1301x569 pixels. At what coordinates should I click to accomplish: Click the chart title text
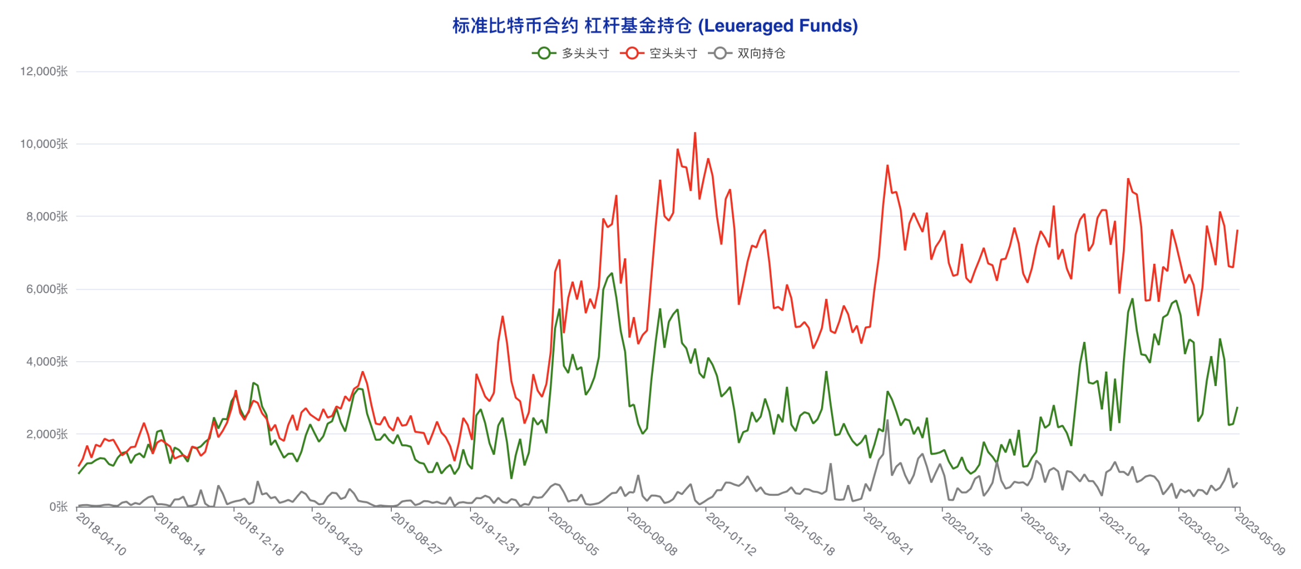tap(655, 26)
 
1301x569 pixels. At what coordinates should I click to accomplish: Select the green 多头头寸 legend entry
tap(571, 53)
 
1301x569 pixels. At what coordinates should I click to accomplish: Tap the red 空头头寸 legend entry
tap(659, 53)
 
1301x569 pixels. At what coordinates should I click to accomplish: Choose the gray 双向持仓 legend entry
tap(748, 53)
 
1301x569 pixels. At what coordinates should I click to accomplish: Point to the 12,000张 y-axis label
tap(44, 71)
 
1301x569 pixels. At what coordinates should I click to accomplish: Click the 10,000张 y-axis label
tap(44, 144)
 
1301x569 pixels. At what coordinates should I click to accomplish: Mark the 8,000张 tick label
tap(47, 217)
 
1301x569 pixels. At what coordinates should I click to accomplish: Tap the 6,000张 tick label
tap(47, 289)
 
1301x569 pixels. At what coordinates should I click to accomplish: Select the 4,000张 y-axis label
tap(47, 362)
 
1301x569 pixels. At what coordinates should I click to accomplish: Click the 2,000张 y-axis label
tap(47, 434)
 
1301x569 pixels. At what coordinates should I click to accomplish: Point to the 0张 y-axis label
tap(58, 507)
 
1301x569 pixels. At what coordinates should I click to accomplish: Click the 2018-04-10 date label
tap(102, 534)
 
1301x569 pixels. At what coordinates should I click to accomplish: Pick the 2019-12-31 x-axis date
tap(495, 534)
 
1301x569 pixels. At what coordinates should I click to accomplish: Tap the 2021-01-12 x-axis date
tap(731, 534)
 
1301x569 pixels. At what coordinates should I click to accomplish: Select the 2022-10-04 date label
tap(1125, 534)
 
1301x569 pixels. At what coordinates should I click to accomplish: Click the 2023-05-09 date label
tap(1260, 534)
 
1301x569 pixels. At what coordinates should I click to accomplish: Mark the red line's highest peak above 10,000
tap(695, 133)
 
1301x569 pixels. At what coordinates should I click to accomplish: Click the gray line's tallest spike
tap(888, 421)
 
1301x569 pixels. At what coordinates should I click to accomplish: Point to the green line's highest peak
tap(612, 273)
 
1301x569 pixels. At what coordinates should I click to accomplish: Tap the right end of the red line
tap(1237, 230)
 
